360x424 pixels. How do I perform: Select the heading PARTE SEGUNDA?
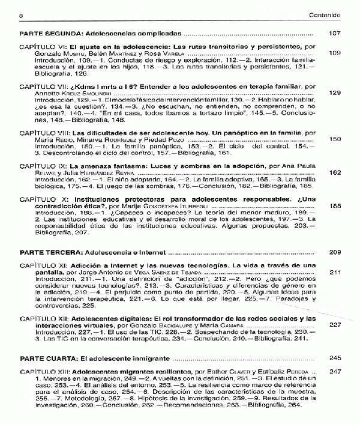(49, 34)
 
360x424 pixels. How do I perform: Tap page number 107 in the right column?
(334, 34)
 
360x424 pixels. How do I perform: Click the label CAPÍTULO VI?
(44, 46)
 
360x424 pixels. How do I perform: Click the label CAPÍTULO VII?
(45, 86)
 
